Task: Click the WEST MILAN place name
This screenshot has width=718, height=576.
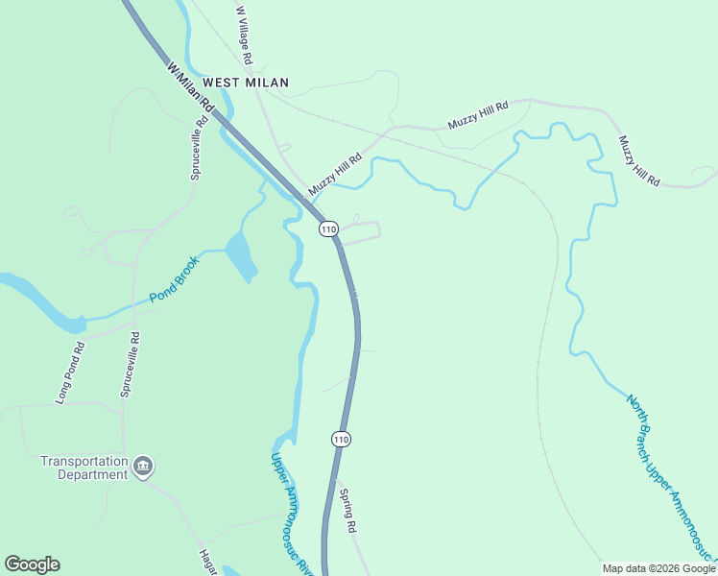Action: tap(246, 83)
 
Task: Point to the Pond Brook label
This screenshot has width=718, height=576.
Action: tap(174, 279)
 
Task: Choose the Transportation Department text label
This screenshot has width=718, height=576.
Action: tap(84, 468)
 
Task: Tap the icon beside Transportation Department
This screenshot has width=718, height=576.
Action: tap(143, 467)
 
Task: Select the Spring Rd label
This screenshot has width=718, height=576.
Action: tap(347, 511)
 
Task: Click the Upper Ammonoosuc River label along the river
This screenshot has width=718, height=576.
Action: tap(291, 515)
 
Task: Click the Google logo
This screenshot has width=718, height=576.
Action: tap(32, 564)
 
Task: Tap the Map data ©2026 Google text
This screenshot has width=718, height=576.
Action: tap(658, 568)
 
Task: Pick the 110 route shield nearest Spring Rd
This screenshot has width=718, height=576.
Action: tap(341, 439)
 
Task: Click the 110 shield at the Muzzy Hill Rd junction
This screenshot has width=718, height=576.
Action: tap(329, 228)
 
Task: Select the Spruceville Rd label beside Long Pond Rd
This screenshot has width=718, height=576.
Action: tap(129, 365)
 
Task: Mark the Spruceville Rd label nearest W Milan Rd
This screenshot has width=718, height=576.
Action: tap(198, 149)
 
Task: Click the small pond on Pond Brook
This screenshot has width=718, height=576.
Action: tap(241, 256)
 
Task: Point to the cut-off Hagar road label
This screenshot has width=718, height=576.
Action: tap(206, 563)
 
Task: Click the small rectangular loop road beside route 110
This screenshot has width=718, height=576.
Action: tap(361, 232)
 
